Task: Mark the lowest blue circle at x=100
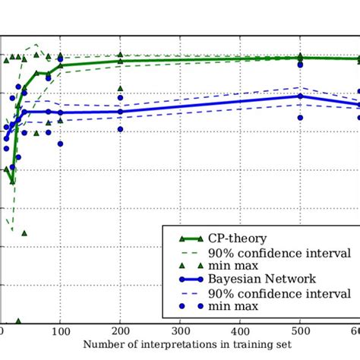(x=61, y=143)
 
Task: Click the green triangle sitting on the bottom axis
(x=18, y=321)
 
